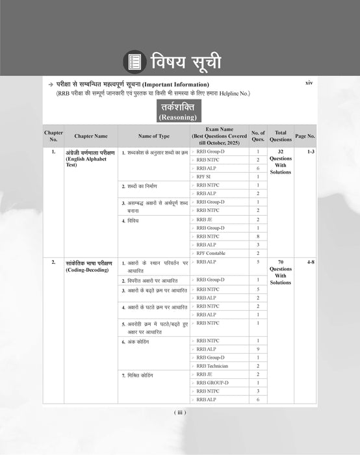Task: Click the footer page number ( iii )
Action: (180, 412)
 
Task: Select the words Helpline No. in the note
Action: (231, 94)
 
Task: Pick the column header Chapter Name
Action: (91, 136)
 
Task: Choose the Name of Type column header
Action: (153, 136)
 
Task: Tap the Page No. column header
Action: (305, 136)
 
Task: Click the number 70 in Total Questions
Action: (281, 262)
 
